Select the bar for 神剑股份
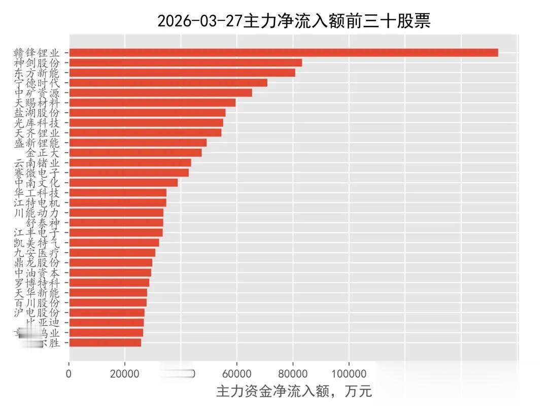185,63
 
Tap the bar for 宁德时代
168,83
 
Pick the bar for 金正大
135,153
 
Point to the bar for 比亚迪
107,323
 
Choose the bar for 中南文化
123,183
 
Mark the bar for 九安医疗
112,253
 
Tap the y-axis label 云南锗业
37,163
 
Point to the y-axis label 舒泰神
43,223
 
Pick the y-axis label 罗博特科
37,283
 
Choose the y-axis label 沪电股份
37,313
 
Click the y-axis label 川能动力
37,213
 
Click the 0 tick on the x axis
69,374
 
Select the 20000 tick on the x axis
125,374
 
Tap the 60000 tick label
236,374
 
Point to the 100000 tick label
349,374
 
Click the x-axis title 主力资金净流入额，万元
294,392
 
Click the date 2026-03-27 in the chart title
200,21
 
